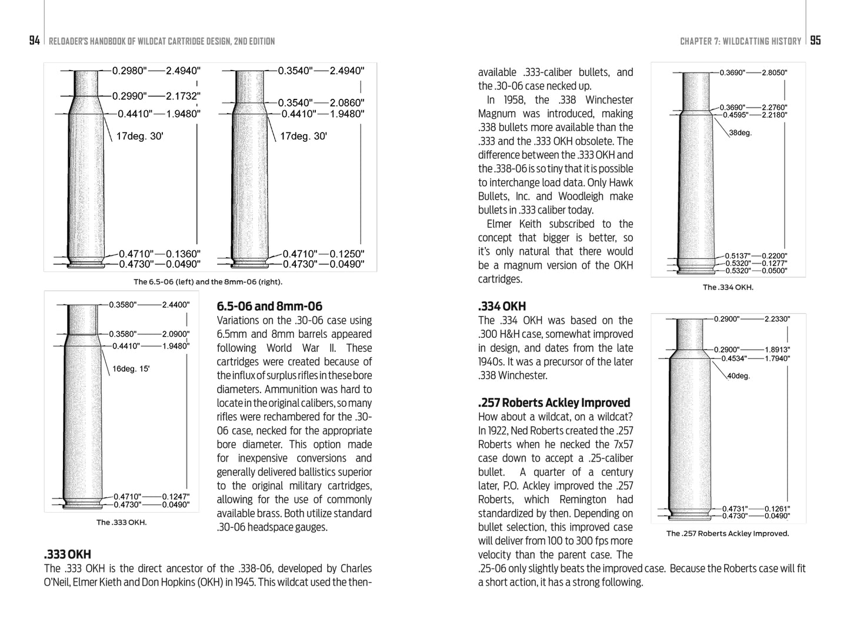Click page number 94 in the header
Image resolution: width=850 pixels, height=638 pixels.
click(35, 41)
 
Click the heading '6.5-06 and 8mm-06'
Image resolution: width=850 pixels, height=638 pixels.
click(269, 306)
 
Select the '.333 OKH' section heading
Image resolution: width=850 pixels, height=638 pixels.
click(68, 554)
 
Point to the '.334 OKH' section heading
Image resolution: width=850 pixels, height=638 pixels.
click(502, 306)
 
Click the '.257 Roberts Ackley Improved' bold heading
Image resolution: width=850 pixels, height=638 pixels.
click(554, 403)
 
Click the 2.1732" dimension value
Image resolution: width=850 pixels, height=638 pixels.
click(183, 96)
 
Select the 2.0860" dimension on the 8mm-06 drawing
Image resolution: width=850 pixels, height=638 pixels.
click(346, 103)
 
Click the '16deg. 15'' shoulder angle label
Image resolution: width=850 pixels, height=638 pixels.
click(131, 369)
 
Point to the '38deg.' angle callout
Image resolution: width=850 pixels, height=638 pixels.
click(740, 133)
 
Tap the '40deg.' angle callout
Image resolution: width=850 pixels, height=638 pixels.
click(738, 376)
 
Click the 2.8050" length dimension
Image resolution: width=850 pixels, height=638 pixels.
click(774, 73)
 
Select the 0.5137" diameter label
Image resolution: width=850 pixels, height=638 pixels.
click(736, 255)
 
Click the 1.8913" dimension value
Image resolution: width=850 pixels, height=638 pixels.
click(777, 349)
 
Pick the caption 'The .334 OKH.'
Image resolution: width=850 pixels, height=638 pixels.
click(728, 287)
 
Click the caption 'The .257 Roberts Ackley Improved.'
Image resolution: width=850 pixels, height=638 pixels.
click(727, 533)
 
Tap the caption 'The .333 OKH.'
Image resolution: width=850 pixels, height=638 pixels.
click(121, 522)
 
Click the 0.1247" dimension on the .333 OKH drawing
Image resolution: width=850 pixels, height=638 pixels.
click(176, 497)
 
